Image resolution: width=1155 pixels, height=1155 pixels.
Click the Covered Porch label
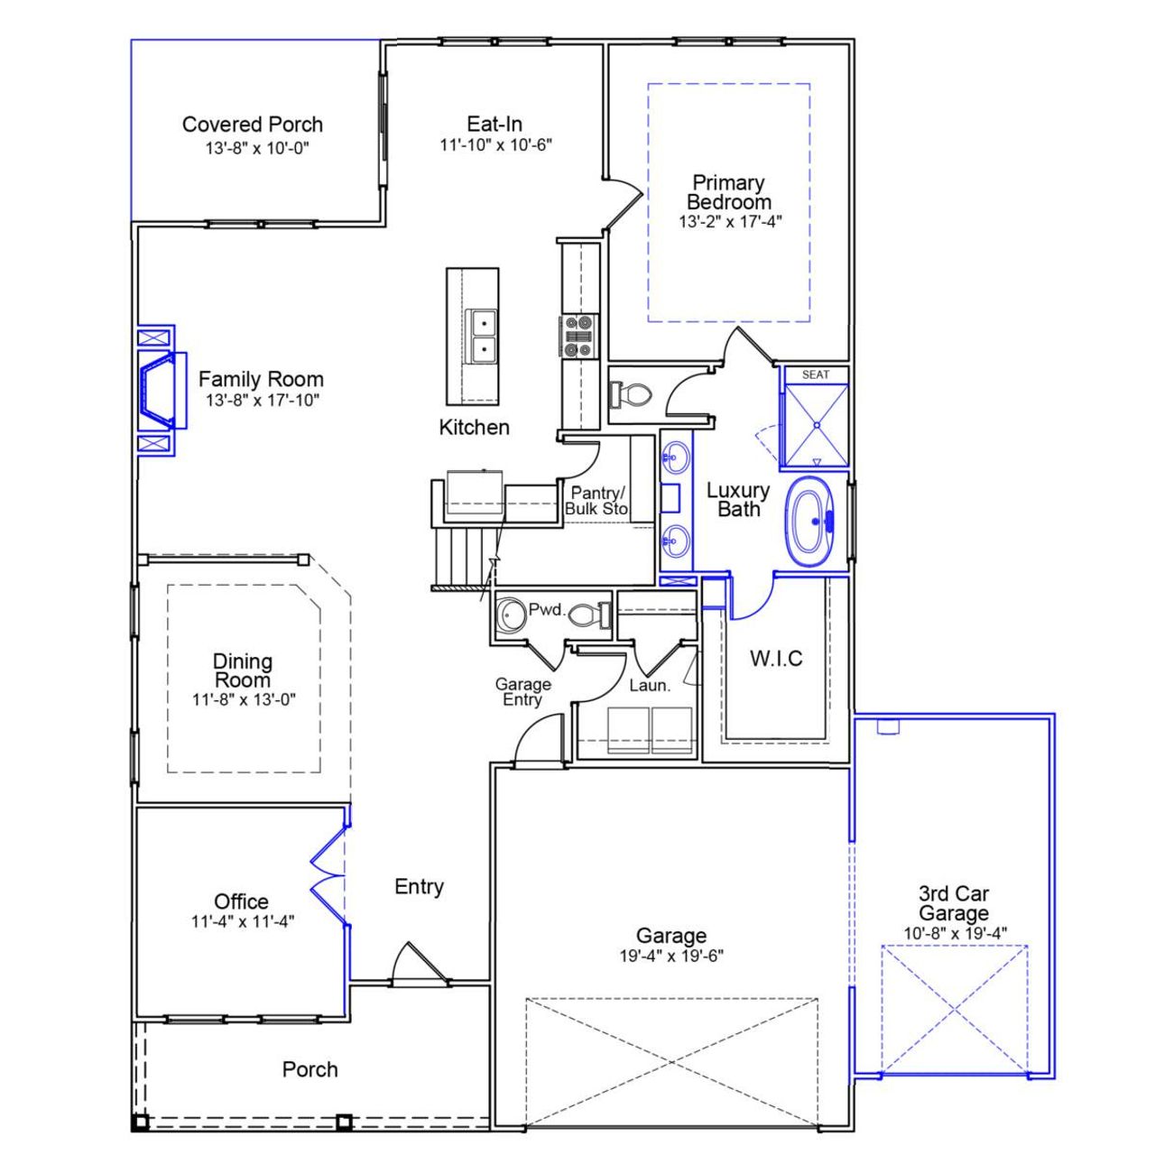(x=252, y=125)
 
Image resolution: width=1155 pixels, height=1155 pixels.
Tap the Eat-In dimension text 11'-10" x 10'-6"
(x=495, y=144)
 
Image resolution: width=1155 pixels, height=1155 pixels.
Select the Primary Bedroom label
(x=728, y=192)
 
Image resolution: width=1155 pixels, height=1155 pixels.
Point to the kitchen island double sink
(x=482, y=336)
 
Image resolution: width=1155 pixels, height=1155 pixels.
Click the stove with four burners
(x=577, y=336)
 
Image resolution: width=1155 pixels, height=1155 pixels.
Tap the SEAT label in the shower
(x=815, y=374)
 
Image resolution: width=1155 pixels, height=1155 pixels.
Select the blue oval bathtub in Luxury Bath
(x=818, y=522)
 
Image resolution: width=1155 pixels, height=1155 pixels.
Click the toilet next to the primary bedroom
(x=632, y=394)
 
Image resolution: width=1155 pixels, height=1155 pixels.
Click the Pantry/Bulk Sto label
(x=596, y=501)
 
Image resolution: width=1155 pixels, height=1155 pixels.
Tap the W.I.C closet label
(x=776, y=659)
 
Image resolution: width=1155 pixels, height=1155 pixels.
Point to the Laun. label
(x=650, y=686)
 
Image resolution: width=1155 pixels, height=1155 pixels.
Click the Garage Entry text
(x=522, y=692)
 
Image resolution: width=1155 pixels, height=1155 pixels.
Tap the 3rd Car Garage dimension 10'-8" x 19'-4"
(x=955, y=933)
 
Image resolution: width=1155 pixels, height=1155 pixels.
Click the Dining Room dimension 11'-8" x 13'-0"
(x=244, y=699)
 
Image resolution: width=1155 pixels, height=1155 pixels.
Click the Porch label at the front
(x=310, y=1069)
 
